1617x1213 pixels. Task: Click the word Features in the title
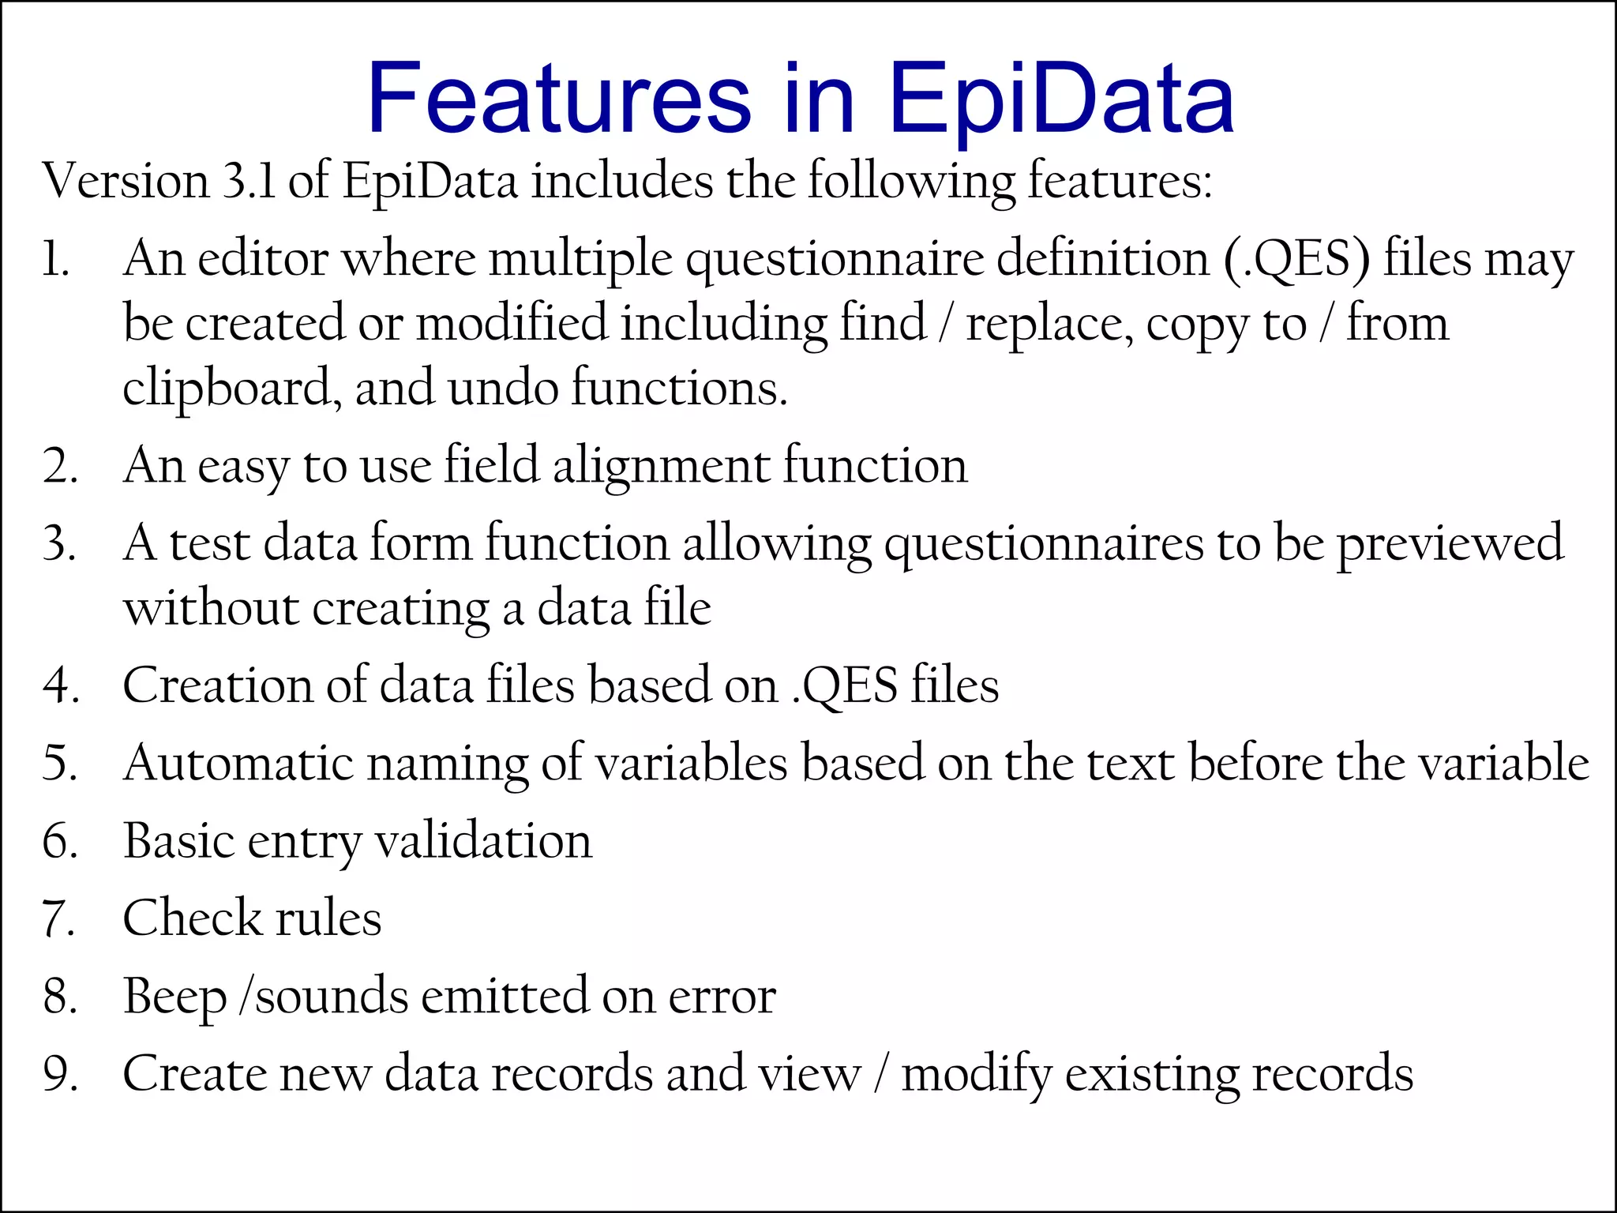click(559, 100)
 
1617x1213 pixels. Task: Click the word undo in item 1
click(503, 389)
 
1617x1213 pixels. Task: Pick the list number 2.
click(59, 466)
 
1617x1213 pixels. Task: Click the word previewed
click(1449, 543)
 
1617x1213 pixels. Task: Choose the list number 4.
click(60, 685)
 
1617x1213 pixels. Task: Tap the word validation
click(483, 840)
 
